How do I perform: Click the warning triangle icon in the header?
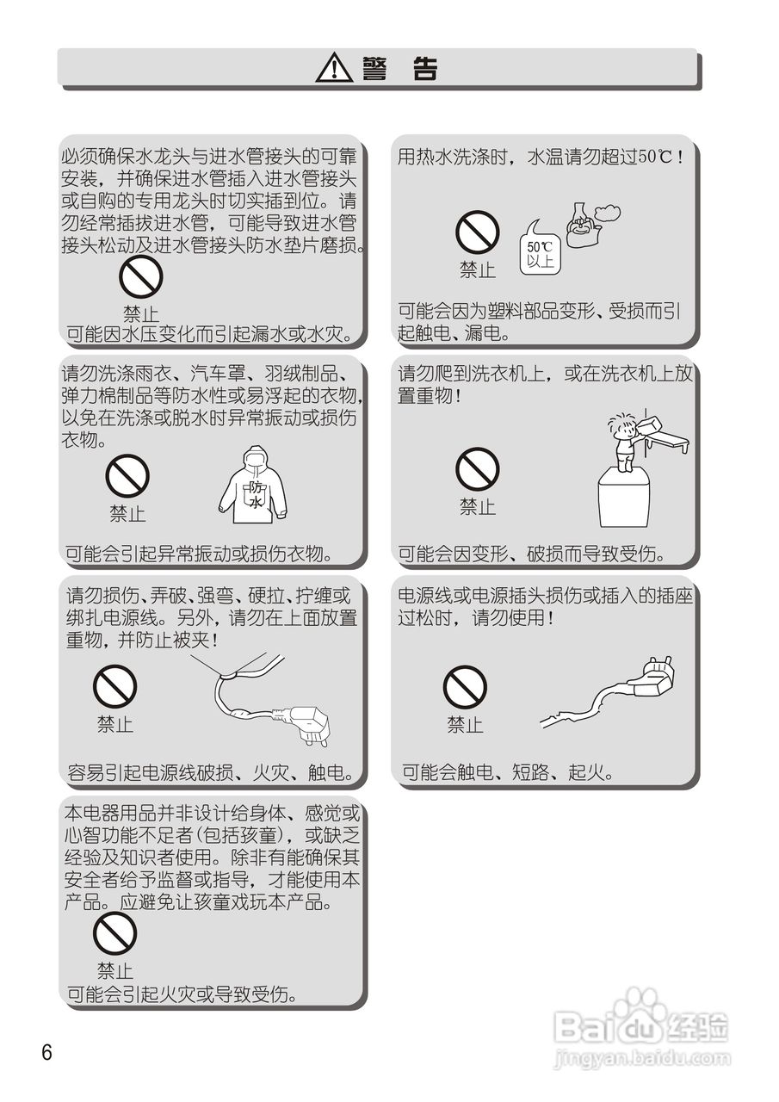(x=334, y=68)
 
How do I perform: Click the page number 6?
(x=46, y=1052)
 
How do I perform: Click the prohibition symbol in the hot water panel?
(x=477, y=232)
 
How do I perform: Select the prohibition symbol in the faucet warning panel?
(x=140, y=277)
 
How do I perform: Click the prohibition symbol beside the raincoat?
(x=127, y=476)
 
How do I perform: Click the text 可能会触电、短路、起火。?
(x=508, y=772)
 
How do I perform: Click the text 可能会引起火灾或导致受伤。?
(x=182, y=995)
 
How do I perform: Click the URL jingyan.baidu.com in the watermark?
(x=642, y=1058)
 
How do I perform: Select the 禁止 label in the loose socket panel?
(x=465, y=725)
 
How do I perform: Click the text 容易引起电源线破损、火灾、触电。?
(x=212, y=772)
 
